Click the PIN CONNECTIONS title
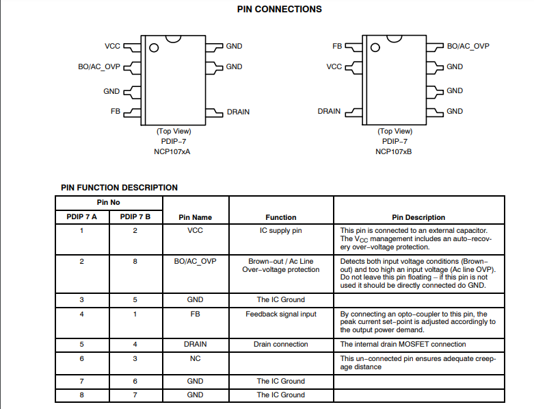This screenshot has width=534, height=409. coord(279,9)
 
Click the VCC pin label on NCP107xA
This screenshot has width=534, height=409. coord(112,46)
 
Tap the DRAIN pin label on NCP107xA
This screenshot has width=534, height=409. coord(238,112)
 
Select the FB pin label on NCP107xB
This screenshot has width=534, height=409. coord(337,46)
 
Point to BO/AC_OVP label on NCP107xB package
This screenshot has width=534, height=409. coord(468,47)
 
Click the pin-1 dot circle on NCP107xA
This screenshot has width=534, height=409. coord(154,48)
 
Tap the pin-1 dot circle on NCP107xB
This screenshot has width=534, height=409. coord(375,47)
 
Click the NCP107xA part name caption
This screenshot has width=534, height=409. coord(172,152)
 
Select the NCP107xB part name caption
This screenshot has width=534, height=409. coord(393,152)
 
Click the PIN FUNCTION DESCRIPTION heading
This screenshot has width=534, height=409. coord(119,188)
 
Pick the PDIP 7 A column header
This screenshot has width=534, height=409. coord(82,217)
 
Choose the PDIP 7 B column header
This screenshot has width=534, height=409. coord(135,217)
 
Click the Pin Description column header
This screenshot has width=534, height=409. coord(418,218)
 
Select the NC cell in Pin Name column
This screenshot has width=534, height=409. coord(195,358)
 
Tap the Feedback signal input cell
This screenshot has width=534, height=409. coord(281,314)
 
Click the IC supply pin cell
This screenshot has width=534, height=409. coord(280,231)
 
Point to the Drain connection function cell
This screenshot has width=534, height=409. coord(280,344)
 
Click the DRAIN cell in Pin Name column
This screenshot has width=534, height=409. coord(195,344)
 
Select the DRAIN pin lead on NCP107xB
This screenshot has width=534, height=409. coord(353,112)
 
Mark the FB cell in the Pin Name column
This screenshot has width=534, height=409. coord(195,314)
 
